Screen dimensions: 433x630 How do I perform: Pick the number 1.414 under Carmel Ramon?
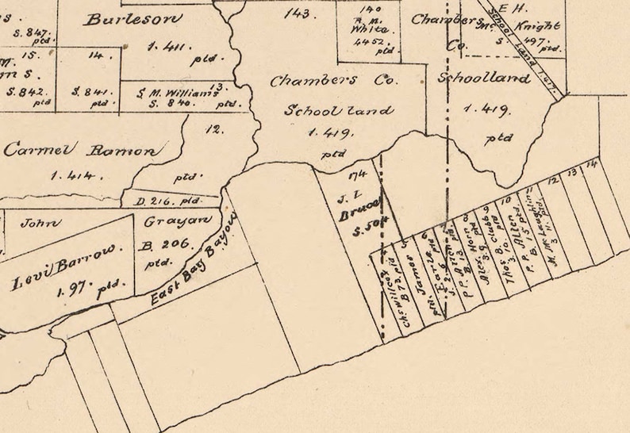pyautogui.click(x=75, y=175)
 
